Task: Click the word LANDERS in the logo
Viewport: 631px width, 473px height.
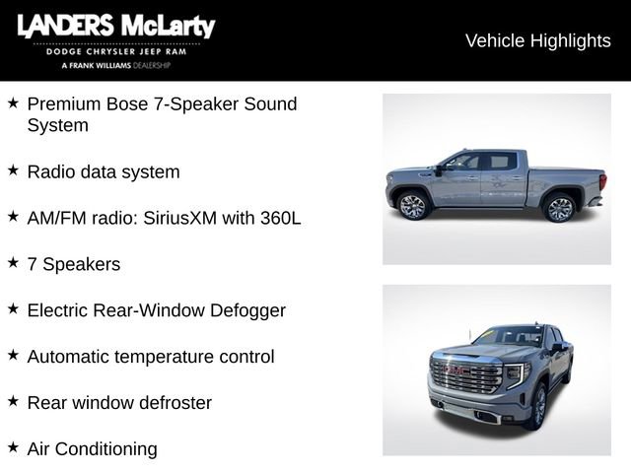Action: coord(64,26)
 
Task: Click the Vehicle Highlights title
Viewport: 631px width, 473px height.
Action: coord(537,40)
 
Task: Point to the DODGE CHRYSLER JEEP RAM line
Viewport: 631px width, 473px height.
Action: coord(115,51)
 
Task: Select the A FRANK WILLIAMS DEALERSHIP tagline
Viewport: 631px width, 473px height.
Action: coord(115,65)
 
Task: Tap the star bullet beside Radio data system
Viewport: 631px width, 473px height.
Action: coord(13,170)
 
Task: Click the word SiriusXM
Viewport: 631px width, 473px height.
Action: coord(203,218)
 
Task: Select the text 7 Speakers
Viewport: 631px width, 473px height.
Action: coord(74,264)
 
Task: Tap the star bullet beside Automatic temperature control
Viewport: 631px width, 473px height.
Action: coord(13,355)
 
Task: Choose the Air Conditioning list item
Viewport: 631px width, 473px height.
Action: coord(92,448)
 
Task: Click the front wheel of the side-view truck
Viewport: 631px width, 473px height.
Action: coord(412,207)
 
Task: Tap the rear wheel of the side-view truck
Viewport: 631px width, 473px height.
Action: coord(560,208)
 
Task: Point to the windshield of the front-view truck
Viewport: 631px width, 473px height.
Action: coord(509,337)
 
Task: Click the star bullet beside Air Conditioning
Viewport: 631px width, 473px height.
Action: coord(13,447)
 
